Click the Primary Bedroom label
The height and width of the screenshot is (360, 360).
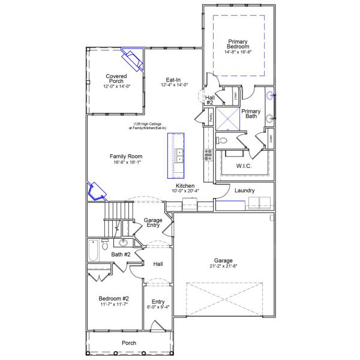(x=238, y=44)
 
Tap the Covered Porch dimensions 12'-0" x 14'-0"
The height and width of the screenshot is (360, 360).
(x=117, y=86)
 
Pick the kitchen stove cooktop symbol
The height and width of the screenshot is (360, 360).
(x=208, y=155)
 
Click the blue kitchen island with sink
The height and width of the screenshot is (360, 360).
(x=178, y=154)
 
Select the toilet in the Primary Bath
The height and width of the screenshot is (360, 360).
(x=221, y=140)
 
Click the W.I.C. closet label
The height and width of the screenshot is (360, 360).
(x=244, y=165)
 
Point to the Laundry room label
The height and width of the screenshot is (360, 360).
(x=244, y=191)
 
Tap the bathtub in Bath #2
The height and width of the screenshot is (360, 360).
(x=93, y=250)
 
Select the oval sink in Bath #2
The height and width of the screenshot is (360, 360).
(x=124, y=243)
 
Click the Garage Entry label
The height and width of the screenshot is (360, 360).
(x=153, y=223)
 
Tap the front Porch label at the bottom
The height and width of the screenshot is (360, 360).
(x=128, y=343)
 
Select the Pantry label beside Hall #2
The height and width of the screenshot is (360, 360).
(x=211, y=118)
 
